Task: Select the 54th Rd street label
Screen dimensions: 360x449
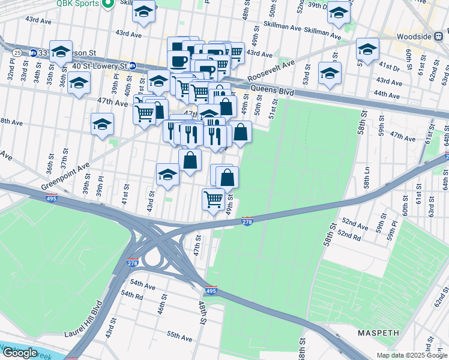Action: (131, 295)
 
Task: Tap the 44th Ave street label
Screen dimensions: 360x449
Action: (388, 94)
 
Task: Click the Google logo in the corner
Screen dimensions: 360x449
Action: (20, 352)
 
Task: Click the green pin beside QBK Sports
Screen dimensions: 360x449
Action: (108, 4)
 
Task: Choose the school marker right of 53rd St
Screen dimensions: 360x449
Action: (330, 73)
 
